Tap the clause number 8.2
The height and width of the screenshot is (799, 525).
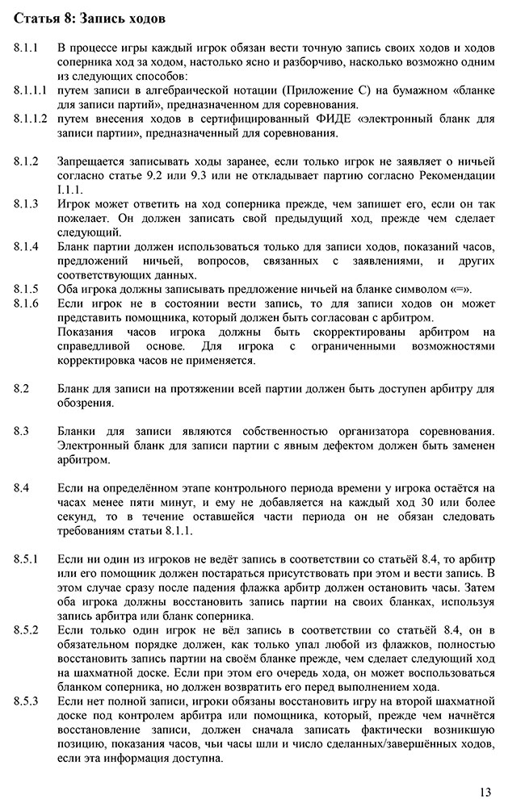[22, 388]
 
